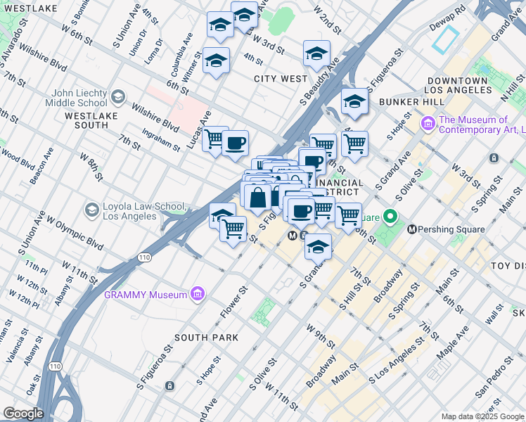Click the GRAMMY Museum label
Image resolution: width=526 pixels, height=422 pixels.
[x=146, y=294]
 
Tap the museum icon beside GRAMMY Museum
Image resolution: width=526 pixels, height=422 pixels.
[x=198, y=293]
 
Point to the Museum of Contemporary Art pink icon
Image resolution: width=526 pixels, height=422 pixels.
[x=428, y=124]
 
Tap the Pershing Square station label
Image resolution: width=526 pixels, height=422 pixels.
[x=451, y=229]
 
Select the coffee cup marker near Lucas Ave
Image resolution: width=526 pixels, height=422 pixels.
[x=235, y=143]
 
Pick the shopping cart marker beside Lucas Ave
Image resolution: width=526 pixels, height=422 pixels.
[x=215, y=139]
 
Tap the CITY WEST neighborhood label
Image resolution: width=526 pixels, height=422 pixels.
[x=281, y=79]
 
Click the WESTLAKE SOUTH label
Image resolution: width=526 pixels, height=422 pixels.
[x=86, y=120]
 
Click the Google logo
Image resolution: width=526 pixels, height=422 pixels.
[x=23, y=414]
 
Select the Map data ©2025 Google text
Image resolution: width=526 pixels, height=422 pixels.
[x=482, y=416]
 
